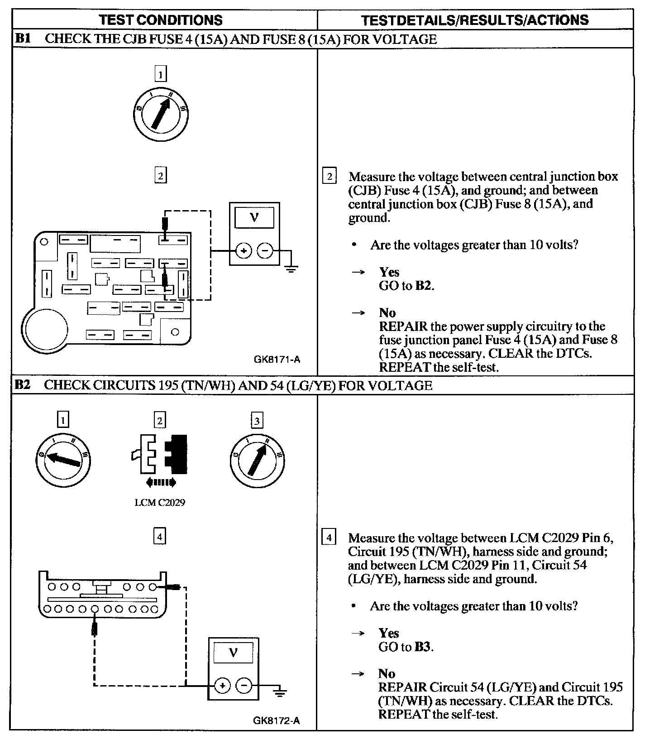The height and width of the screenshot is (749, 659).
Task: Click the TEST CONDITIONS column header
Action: tap(161, 20)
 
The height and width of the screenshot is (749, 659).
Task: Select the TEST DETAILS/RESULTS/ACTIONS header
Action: tap(475, 20)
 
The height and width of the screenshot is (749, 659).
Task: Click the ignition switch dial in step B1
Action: tap(161, 114)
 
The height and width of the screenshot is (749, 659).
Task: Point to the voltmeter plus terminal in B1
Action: tap(244, 250)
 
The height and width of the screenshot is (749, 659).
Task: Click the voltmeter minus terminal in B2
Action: tap(244, 685)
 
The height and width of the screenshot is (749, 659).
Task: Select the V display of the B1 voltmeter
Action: tap(254, 218)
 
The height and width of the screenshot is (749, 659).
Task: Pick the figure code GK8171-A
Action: tap(277, 360)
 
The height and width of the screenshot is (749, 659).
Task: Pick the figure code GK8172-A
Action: tap(277, 720)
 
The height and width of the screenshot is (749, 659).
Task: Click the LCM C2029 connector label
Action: tap(160, 503)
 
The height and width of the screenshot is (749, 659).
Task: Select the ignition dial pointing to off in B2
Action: tap(63, 461)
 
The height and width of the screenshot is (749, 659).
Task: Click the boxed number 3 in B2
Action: tap(257, 421)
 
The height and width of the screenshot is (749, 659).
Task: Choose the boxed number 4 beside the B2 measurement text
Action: tap(329, 538)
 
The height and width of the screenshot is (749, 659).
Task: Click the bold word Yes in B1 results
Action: tap(389, 272)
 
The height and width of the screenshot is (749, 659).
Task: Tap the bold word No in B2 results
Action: tap(387, 674)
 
